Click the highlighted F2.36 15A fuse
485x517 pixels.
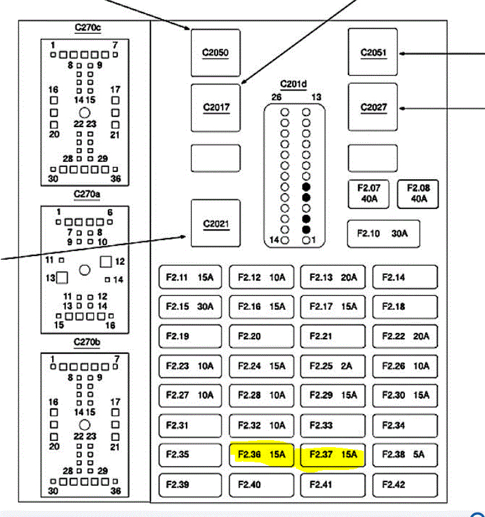coord(262,455)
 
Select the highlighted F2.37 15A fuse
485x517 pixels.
coord(333,455)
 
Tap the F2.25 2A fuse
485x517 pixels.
coord(333,366)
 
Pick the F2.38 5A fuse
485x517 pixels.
coord(404,455)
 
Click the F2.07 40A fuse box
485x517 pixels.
coord(369,194)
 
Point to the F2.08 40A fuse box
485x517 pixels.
coord(418,194)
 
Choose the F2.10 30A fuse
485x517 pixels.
coord(383,234)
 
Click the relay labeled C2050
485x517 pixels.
coord(216,53)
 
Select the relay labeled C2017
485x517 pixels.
coord(216,107)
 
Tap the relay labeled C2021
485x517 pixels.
coord(216,224)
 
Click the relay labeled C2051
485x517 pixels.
coord(373,53)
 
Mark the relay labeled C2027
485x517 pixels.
coord(373,107)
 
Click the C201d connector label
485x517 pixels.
coord(294,84)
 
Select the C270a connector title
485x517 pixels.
coord(87,194)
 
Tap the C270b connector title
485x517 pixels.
coord(87,342)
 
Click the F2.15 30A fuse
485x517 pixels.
coord(190,307)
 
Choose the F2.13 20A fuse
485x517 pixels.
coord(333,277)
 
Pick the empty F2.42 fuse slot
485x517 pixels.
coord(404,485)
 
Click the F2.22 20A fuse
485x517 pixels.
coord(404,336)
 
